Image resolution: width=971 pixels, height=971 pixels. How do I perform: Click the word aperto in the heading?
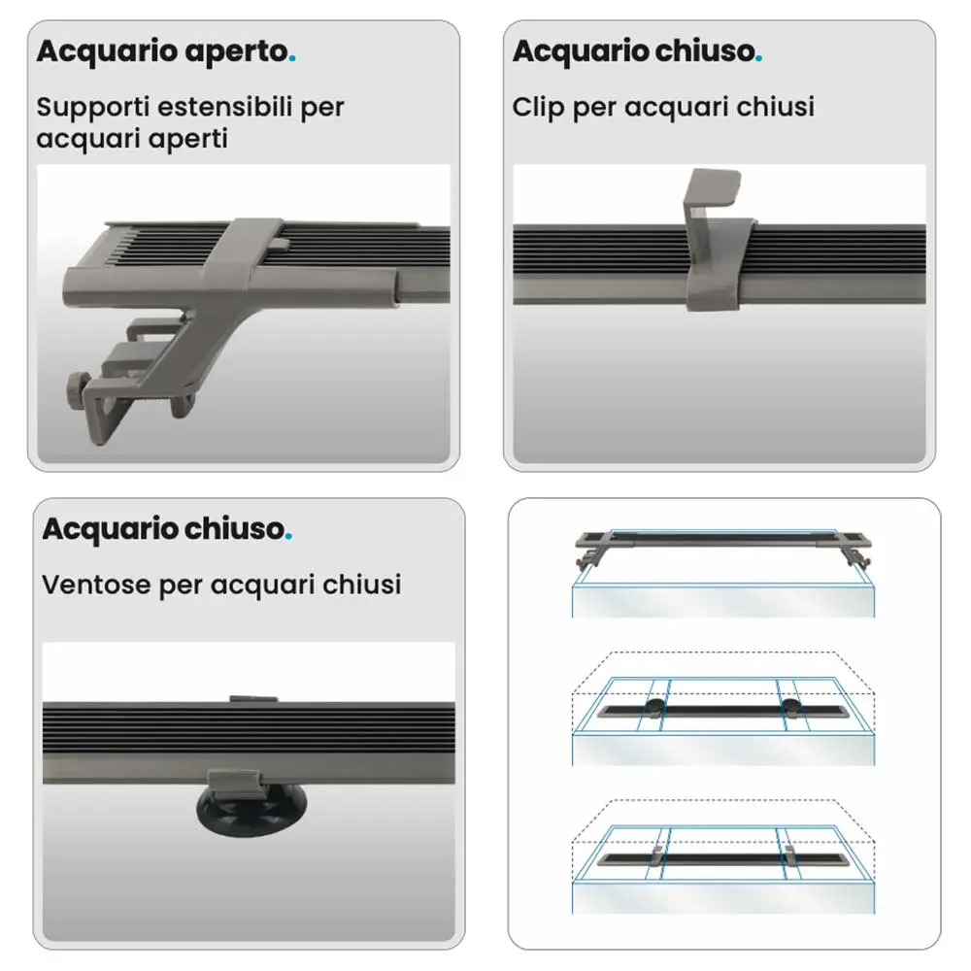(x=237, y=52)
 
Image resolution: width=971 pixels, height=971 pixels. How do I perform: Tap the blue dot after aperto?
(x=292, y=59)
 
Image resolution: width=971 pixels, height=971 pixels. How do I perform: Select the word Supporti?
(x=93, y=108)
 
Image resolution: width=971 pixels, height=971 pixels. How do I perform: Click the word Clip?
(x=538, y=107)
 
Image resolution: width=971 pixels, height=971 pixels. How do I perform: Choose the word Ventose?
(x=96, y=585)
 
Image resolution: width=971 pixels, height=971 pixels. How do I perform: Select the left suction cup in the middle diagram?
(x=653, y=707)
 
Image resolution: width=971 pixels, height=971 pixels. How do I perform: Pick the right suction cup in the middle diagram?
(x=790, y=707)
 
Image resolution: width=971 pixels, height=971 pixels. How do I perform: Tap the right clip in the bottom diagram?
(x=790, y=854)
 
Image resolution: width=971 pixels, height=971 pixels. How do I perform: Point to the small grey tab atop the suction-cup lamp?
(x=253, y=699)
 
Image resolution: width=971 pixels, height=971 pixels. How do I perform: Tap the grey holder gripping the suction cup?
(x=233, y=784)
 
